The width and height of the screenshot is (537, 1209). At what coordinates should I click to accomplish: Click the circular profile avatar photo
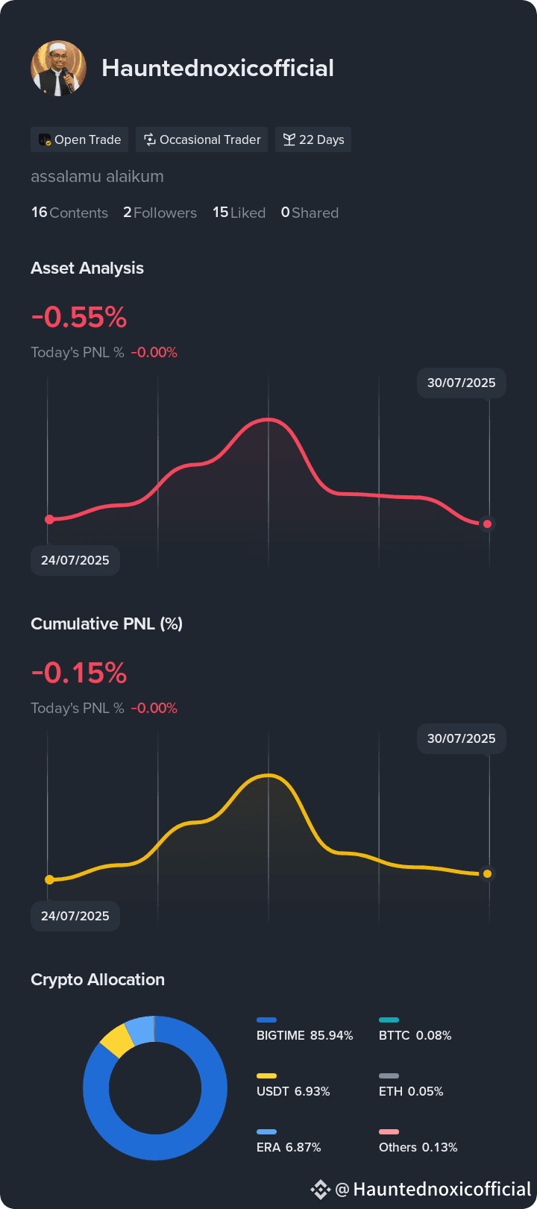click(58, 69)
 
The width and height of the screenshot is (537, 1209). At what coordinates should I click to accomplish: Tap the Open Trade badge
click(79, 139)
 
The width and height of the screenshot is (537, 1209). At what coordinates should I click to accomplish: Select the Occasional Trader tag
click(202, 139)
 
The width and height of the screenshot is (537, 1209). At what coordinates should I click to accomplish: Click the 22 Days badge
click(313, 139)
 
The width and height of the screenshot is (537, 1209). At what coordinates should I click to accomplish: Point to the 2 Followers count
click(160, 213)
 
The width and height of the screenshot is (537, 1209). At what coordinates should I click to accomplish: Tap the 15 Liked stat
click(239, 213)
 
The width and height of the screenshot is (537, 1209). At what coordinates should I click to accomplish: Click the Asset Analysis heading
click(87, 269)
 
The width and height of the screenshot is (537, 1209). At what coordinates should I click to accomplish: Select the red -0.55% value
click(79, 317)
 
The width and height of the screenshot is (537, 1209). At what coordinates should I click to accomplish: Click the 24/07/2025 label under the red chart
click(75, 560)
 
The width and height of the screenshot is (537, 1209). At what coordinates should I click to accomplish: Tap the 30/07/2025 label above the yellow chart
click(462, 738)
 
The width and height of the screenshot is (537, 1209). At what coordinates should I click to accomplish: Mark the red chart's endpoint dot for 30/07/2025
click(487, 524)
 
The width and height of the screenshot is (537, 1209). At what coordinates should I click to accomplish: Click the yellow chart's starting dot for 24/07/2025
click(50, 880)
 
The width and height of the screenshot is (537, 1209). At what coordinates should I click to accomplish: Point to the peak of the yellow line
click(268, 775)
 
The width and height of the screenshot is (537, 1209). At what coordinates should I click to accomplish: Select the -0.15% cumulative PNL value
click(79, 673)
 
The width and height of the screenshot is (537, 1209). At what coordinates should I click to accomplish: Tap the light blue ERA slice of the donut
click(139, 1030)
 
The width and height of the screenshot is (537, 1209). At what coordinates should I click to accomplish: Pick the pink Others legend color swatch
click(389, 1132)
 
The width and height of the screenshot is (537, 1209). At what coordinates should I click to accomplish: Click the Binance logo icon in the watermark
click(320, 1189)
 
